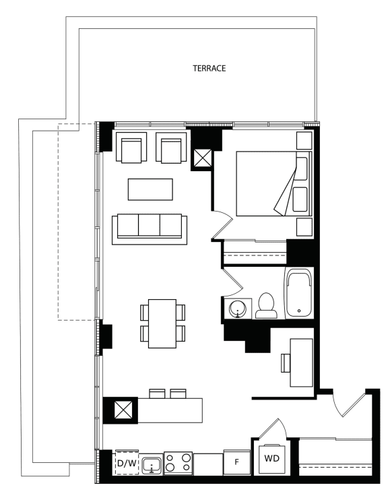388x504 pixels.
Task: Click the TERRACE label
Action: click(x=209, y=68)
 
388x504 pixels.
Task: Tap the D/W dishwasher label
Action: click(x=127, y=463)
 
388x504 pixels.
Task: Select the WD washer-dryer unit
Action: click(x=272, y=459)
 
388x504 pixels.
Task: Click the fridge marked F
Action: click(x=237, y=462)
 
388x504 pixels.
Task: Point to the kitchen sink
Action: click(x=152, y=465)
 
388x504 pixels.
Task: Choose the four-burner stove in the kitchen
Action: click(x=178, y=463)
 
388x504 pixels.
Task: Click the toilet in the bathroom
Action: click(x=266, y=305)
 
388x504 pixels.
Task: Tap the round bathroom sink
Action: click(x=238, y=309)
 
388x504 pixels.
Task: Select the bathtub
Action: click(x=299, y=293)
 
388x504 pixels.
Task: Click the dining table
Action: click(x=162, y=323)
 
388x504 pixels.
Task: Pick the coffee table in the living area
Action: click(x=150, y=189)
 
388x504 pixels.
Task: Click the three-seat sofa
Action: click(x=150, y=230)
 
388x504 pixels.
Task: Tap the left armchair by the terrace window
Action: click(x=131, y=147)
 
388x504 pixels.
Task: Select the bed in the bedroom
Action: click(x=274, y=183)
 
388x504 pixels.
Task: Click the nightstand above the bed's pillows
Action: click(x=304, y=140)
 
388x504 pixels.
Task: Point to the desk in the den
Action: click(x=302, y=363)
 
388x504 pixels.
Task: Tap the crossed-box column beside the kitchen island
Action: click(x=123, y=409)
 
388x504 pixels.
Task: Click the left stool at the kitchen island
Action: click(x=157, y=393)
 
